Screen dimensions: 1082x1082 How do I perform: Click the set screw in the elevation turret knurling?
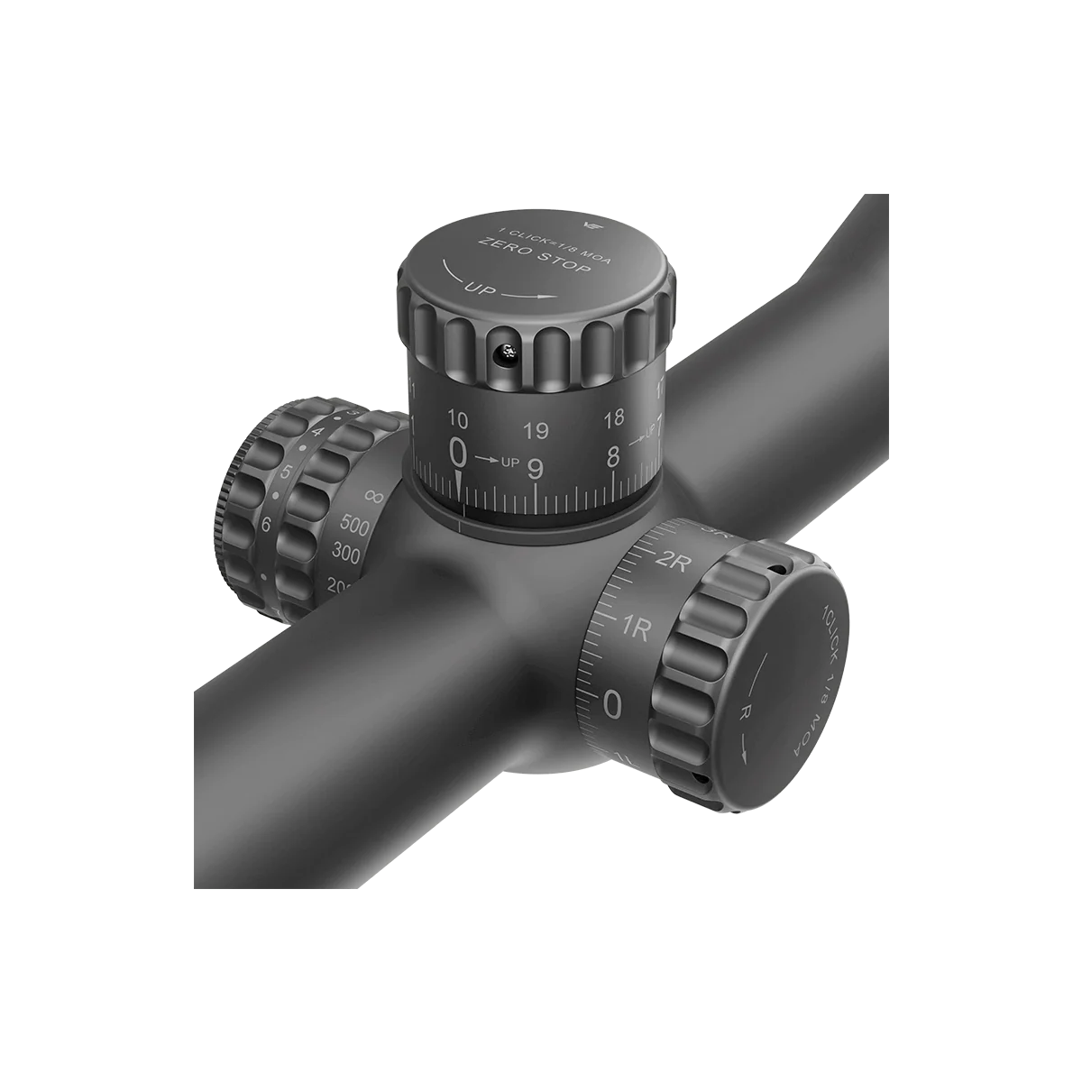pos(509,353)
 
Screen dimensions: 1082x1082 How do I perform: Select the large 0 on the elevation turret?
pos(459,450)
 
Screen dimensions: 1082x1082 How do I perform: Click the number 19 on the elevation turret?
pos(536,431)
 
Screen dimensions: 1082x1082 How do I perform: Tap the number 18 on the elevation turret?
pos(614,418)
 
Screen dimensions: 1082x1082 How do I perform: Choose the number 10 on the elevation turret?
pos(457,419)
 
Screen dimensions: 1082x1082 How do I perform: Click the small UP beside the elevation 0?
pos(509,463)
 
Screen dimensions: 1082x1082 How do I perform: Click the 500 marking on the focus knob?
pos(356,527)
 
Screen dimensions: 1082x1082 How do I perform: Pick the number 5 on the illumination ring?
pos(286,472)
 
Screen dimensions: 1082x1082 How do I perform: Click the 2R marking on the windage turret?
pos(673,561)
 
